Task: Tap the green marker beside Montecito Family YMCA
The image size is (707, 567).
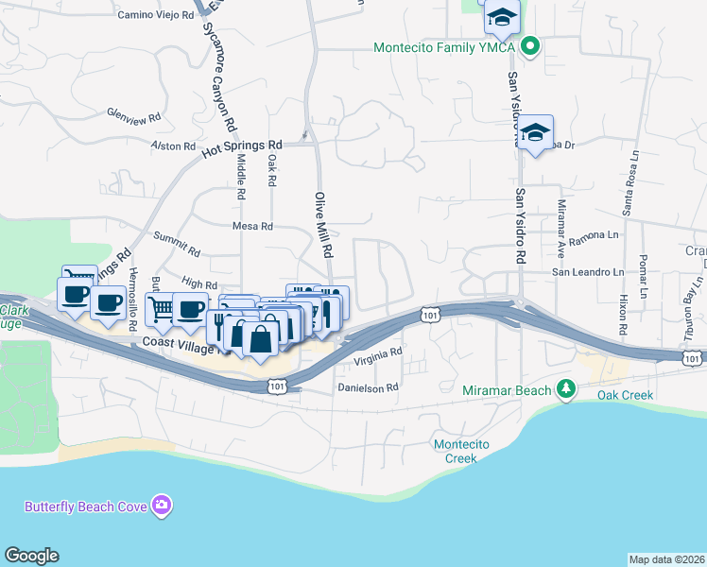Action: point(530,46)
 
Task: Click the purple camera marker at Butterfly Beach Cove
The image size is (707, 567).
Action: point(163,507)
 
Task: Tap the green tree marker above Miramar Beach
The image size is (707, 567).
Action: point(566,388)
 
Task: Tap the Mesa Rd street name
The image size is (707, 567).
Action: point(252,227)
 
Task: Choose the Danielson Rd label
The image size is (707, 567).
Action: point(369,387)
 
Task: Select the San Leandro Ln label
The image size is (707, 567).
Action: point(588,272)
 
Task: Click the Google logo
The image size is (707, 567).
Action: point(31,556)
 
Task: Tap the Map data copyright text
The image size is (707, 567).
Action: point(666,558)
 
